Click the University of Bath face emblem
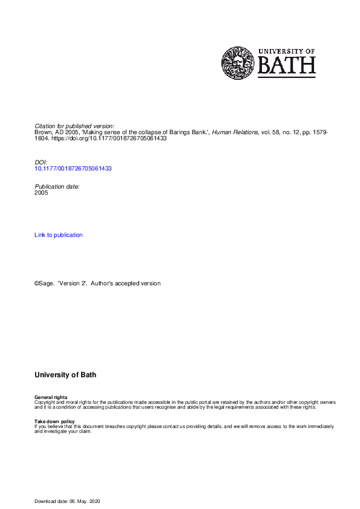tap(238, 63)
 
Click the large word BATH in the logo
tap(287, 65)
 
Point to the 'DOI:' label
tap(41, 163)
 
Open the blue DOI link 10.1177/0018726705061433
tap(73, 169)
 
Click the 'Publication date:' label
tap(57, 187)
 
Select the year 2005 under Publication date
tap(42, 193)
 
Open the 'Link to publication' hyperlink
tap(59, 235)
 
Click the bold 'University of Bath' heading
tap(65, 375)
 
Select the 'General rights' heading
tap(51, 397)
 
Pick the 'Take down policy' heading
tap(54, 421)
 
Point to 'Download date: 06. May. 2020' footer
tap(70, 502)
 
